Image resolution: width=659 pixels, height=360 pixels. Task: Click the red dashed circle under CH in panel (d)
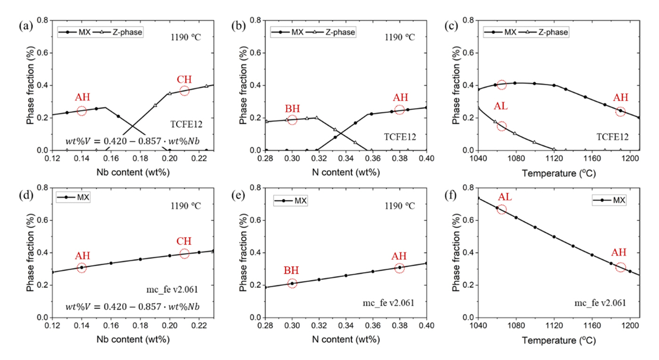(184, 254)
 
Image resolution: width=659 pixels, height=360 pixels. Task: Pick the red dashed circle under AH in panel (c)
(620, 111)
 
